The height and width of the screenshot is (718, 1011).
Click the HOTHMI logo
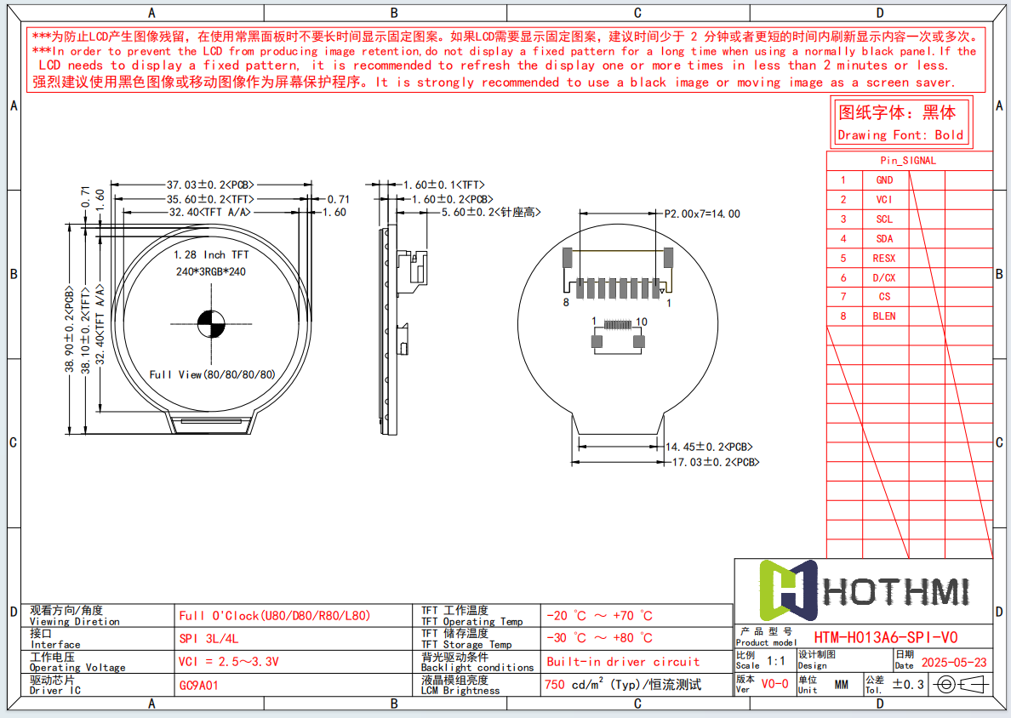tap(864, 590)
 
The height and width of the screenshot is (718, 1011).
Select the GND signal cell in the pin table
tap(884, 179)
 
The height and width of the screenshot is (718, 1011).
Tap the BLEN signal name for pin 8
tap(884, 316)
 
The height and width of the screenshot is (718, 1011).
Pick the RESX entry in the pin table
tap(884, 258)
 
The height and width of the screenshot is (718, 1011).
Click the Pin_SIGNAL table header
tap(908, 160)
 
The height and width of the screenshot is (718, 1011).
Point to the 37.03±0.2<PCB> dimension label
tap(209, 185)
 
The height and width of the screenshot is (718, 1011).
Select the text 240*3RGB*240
tap(211, 271)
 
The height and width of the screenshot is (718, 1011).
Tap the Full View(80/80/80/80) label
tap(212, 374)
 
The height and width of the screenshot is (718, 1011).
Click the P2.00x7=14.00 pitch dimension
tap(702, 214)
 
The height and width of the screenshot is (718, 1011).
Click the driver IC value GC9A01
tap(198, 685)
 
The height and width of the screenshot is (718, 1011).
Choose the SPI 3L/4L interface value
tap(209, 638)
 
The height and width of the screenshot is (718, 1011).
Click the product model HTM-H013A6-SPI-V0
tap(885, 637)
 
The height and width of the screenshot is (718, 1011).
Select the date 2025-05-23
tap(954, 662)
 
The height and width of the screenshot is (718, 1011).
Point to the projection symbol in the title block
tap(960, 684)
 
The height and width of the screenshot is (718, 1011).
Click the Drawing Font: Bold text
tap(900, 134)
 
